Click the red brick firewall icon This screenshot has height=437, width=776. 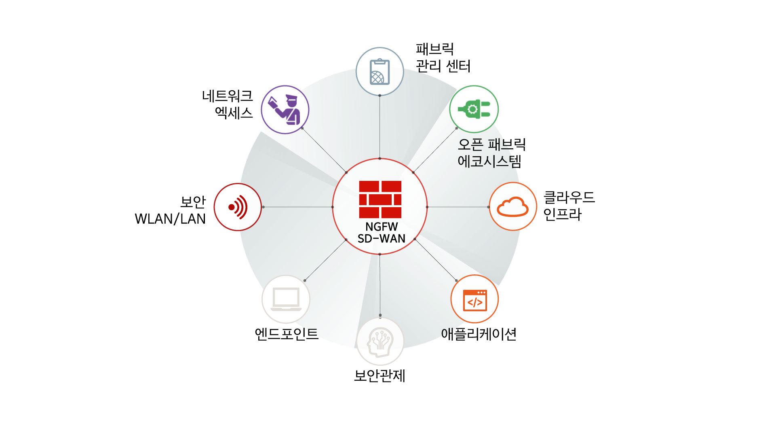click(380, 199)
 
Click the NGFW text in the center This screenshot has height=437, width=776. click(381, 227)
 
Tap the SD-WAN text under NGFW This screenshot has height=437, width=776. click(381, 239)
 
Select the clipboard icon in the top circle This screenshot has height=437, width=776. click(380, 72)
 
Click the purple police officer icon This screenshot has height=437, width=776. click(285, 110)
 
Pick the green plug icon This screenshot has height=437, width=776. click(474, 109)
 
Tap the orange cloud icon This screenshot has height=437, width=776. click(512, 207)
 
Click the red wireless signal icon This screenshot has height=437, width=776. click(238, 207)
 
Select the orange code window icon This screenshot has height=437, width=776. click(474, 300)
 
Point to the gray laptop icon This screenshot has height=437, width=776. click(286, 299)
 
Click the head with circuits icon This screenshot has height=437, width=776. click(380, 342)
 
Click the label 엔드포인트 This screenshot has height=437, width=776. click(286, 334)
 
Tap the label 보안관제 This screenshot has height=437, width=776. click(380, 375)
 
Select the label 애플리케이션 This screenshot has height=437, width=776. click(479, 334)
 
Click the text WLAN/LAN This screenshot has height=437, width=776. click(170, 219)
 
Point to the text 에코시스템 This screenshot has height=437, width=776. click(489, 161)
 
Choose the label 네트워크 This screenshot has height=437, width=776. click(227, 96)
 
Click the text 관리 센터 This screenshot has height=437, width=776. click(443, 66)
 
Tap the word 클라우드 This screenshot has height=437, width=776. click(569, 197)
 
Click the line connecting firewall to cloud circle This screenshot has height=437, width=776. click(458, 207)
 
